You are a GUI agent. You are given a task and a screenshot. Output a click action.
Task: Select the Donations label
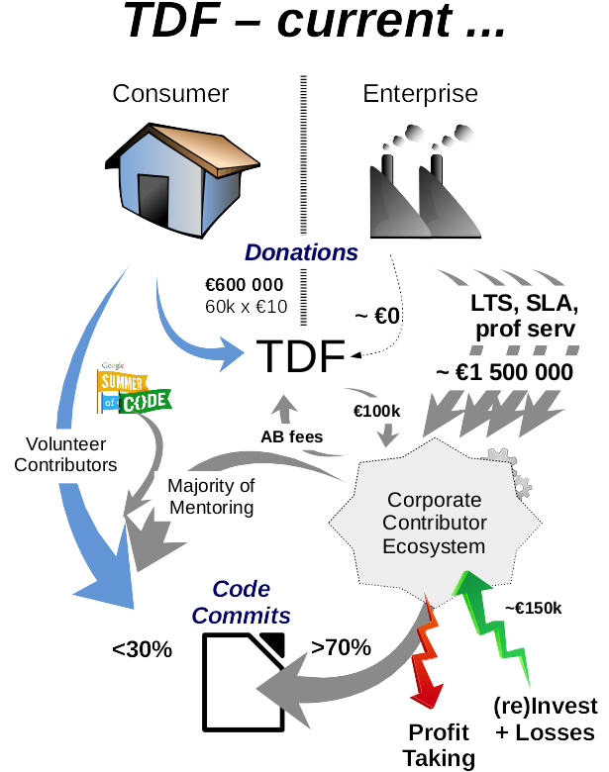click(x=301, y=252)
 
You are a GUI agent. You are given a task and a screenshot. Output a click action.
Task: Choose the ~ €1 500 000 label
click(x=498, y=373)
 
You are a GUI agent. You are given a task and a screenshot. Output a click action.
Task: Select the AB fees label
click(x=291, y=435)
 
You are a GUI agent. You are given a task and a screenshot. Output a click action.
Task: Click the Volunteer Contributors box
click(x=65, y=453)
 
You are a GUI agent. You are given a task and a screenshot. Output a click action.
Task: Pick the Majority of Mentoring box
click(x=211, y=497)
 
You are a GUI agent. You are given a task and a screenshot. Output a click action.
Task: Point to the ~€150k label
click(x=533, y=608)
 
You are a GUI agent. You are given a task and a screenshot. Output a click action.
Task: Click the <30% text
click(x=143, y=649)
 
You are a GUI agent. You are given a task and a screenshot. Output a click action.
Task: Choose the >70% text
click(x=341, y=647)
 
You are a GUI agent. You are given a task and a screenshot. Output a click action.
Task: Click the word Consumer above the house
click(x=171, y=94)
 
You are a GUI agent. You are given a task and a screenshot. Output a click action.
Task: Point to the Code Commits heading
click(x=242, y=602)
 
